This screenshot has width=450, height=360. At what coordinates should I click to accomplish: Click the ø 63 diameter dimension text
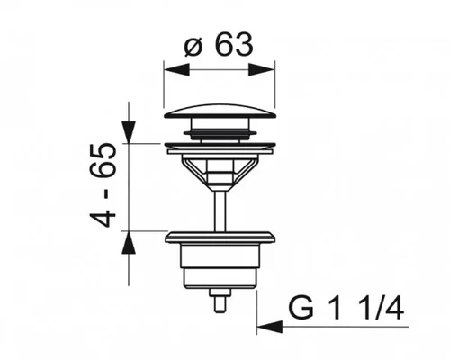(x=219, y=45)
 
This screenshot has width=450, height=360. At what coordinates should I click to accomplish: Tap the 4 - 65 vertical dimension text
(x=103, y=184)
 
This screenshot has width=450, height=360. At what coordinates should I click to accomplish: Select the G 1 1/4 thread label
(x=346, y=307)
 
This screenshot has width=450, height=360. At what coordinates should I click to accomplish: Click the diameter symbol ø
(x=193, y=48)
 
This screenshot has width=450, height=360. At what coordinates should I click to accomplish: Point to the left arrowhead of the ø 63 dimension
(x=176, y=69)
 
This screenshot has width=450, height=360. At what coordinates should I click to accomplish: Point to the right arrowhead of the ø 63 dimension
(x=262, y=69)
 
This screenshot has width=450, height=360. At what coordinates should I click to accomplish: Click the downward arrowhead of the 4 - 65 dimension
(x=129, y=132)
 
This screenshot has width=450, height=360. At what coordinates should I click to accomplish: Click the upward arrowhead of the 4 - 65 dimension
(x=129, y=243)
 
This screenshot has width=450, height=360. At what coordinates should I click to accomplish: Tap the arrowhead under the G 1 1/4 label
(x=270, y=327)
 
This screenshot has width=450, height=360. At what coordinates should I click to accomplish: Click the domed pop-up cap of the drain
(x=220, y=112)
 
